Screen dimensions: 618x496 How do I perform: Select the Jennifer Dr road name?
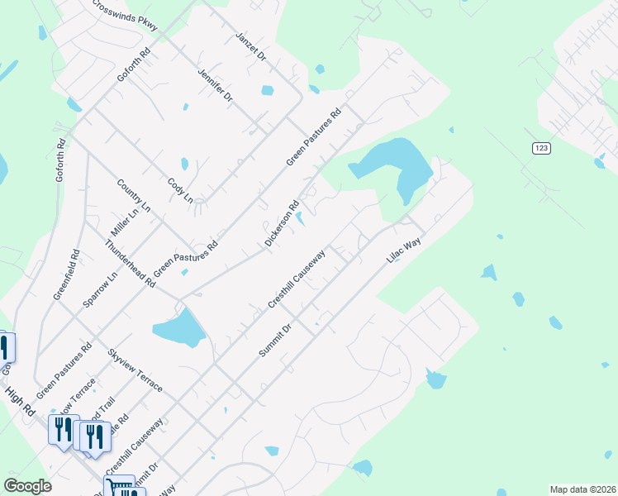215,86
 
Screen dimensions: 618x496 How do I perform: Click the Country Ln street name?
134,196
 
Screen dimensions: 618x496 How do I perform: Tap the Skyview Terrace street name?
135,370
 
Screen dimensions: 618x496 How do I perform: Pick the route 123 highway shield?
541,147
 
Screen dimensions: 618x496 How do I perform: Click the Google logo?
27,486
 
